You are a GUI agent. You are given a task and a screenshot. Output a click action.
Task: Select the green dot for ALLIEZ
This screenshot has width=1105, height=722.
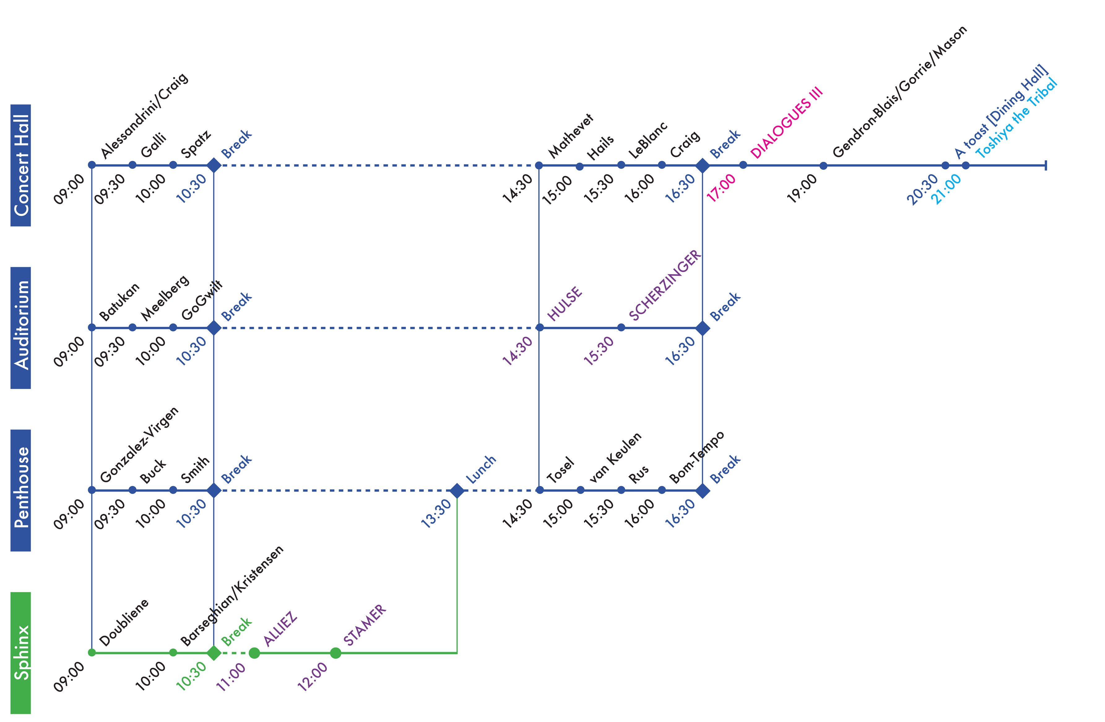pyautogui.click(x=254, y=653)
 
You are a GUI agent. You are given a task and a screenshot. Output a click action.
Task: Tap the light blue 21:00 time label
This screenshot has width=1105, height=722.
pyautogui.click(x=946, y=189)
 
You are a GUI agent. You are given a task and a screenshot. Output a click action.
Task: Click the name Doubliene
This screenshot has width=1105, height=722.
pyautogui.click(x=124, y=622)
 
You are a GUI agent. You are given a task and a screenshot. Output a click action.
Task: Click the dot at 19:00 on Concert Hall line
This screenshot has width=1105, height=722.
pyautogui.click(x=823, y=165)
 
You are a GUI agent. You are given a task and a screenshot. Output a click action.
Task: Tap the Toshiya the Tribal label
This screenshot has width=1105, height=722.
pyautogui.click(x=1016, y=119)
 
